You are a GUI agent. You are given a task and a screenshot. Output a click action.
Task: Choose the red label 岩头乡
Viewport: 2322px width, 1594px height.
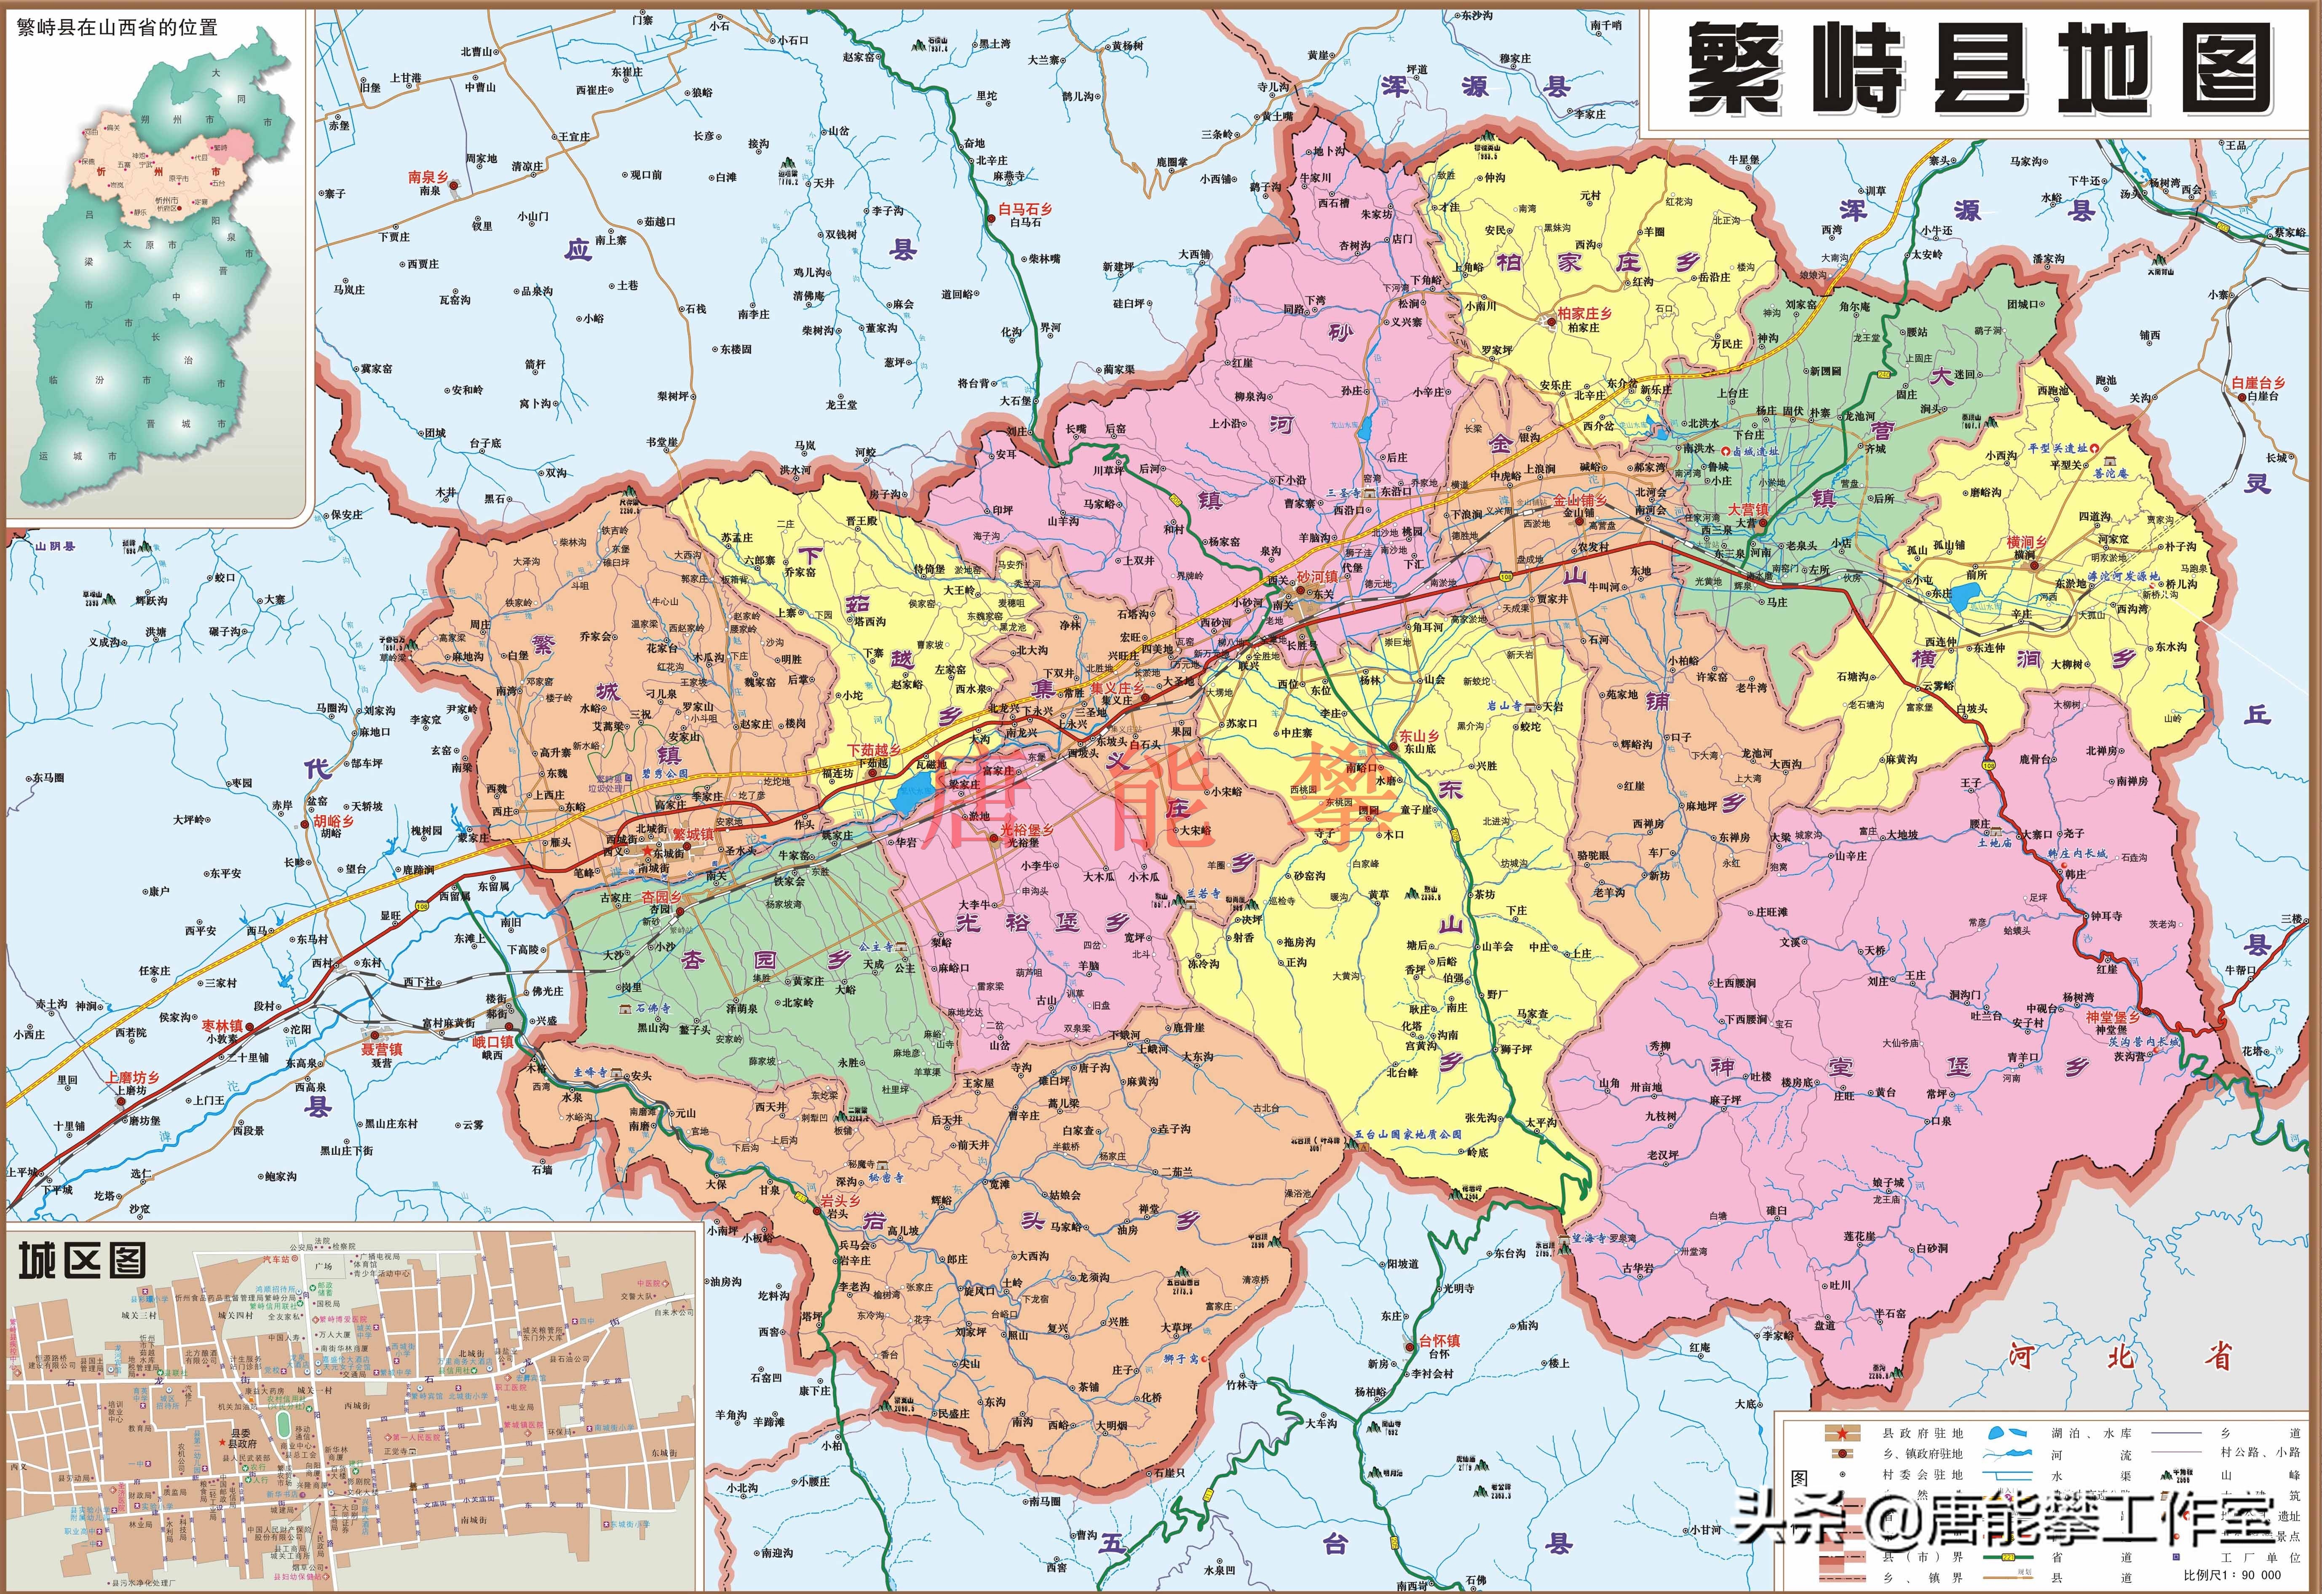[839, 1200]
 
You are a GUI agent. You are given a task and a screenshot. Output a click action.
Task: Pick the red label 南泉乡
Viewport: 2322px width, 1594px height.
[428, 177]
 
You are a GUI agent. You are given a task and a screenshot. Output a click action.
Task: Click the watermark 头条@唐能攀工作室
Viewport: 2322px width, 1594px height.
[2003, 1520]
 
